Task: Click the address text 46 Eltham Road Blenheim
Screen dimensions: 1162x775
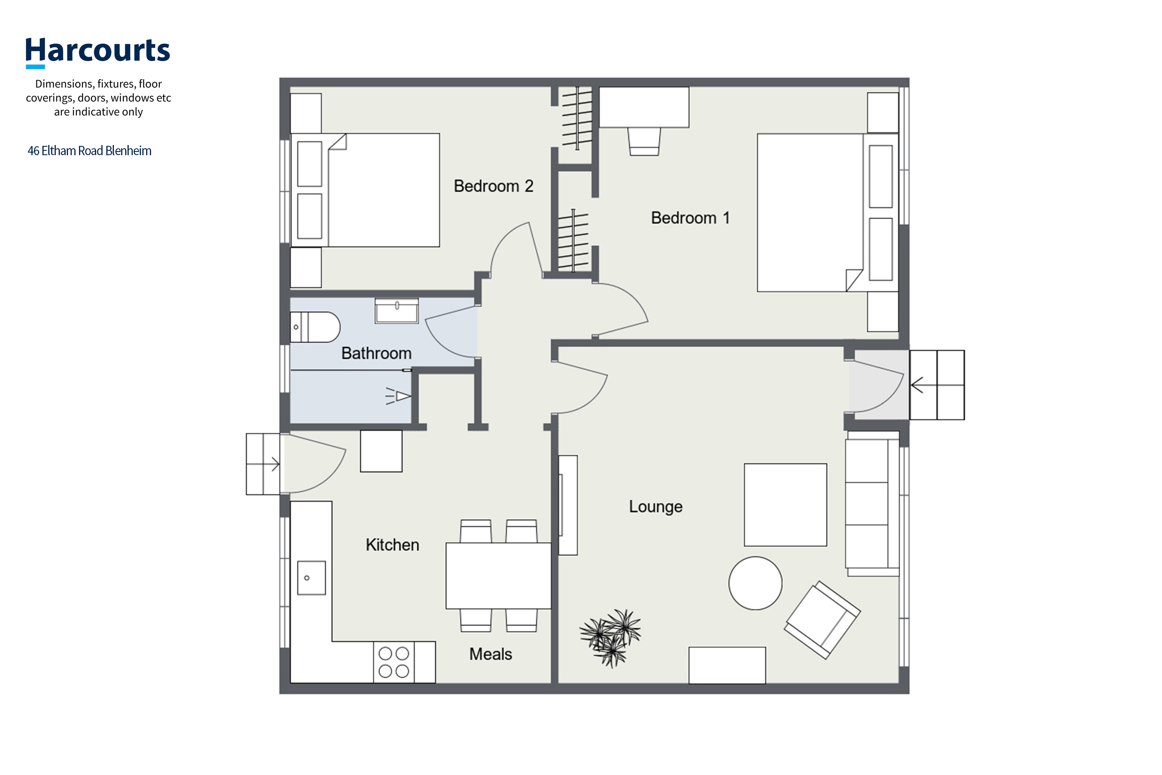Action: coord(89,151)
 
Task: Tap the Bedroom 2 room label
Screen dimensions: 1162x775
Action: coord(494,186)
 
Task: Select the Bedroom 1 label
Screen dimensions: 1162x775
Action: coord(690,218)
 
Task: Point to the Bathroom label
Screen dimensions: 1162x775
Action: coord(376,353)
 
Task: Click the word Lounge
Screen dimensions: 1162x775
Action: coord(656,506)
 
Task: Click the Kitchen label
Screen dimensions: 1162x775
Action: coord(392,545)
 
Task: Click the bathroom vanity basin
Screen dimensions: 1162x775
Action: coord(397,311)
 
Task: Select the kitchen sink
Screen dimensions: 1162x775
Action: coord(311,578)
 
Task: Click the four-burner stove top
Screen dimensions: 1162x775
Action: coord(394,662)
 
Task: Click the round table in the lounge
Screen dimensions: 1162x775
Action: coord(755,583)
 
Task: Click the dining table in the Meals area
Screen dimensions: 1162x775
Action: coord(498,576)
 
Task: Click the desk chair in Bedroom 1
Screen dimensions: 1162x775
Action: coord(644,142)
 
